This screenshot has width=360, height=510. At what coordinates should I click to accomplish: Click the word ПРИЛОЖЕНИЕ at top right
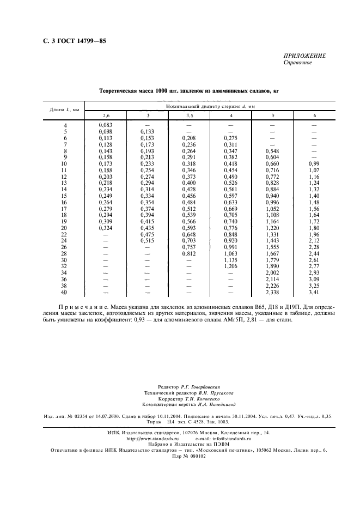305,56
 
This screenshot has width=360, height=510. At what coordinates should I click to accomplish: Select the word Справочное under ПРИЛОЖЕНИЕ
297,63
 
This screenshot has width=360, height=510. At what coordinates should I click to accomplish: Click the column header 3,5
189,116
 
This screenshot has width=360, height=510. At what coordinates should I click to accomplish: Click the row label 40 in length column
65,292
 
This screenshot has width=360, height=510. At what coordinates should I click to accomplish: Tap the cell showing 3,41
314,292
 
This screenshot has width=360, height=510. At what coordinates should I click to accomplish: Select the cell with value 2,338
272,292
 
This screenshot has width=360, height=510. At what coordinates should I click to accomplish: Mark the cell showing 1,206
231,266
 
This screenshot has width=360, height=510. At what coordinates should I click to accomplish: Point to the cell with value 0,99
314,163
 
